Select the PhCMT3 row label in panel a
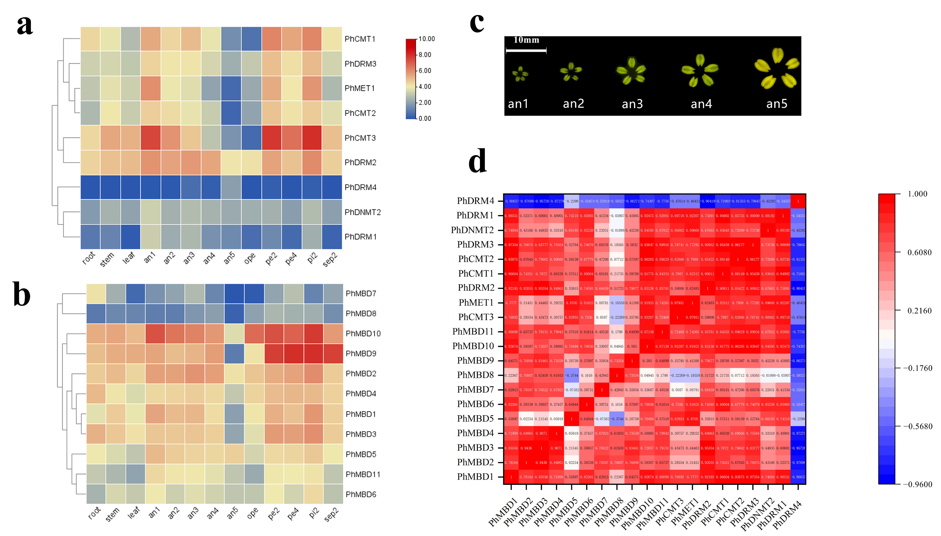(360, 138)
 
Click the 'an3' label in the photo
(632, 104)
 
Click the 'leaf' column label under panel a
(129, 258)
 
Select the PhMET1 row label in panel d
(476, 303)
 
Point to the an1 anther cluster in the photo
(520, 74)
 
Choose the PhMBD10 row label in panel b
(363, 334)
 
